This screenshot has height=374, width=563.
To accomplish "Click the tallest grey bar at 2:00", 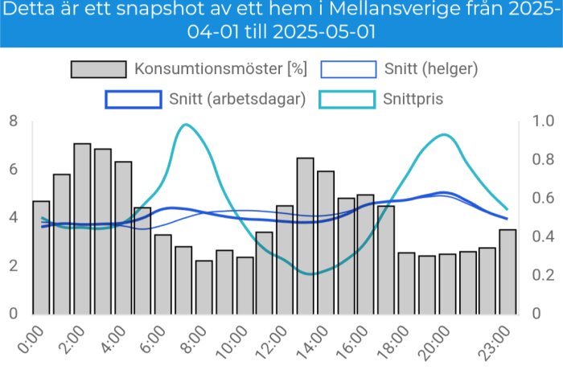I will click(82, 229).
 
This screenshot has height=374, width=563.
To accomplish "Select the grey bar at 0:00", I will click(41, 257).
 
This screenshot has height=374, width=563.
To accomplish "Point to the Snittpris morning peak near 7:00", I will click(186, 125).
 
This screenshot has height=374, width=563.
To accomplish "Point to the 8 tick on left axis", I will click(13, 121).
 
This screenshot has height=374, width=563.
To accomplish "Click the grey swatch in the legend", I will click(99, 68).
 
